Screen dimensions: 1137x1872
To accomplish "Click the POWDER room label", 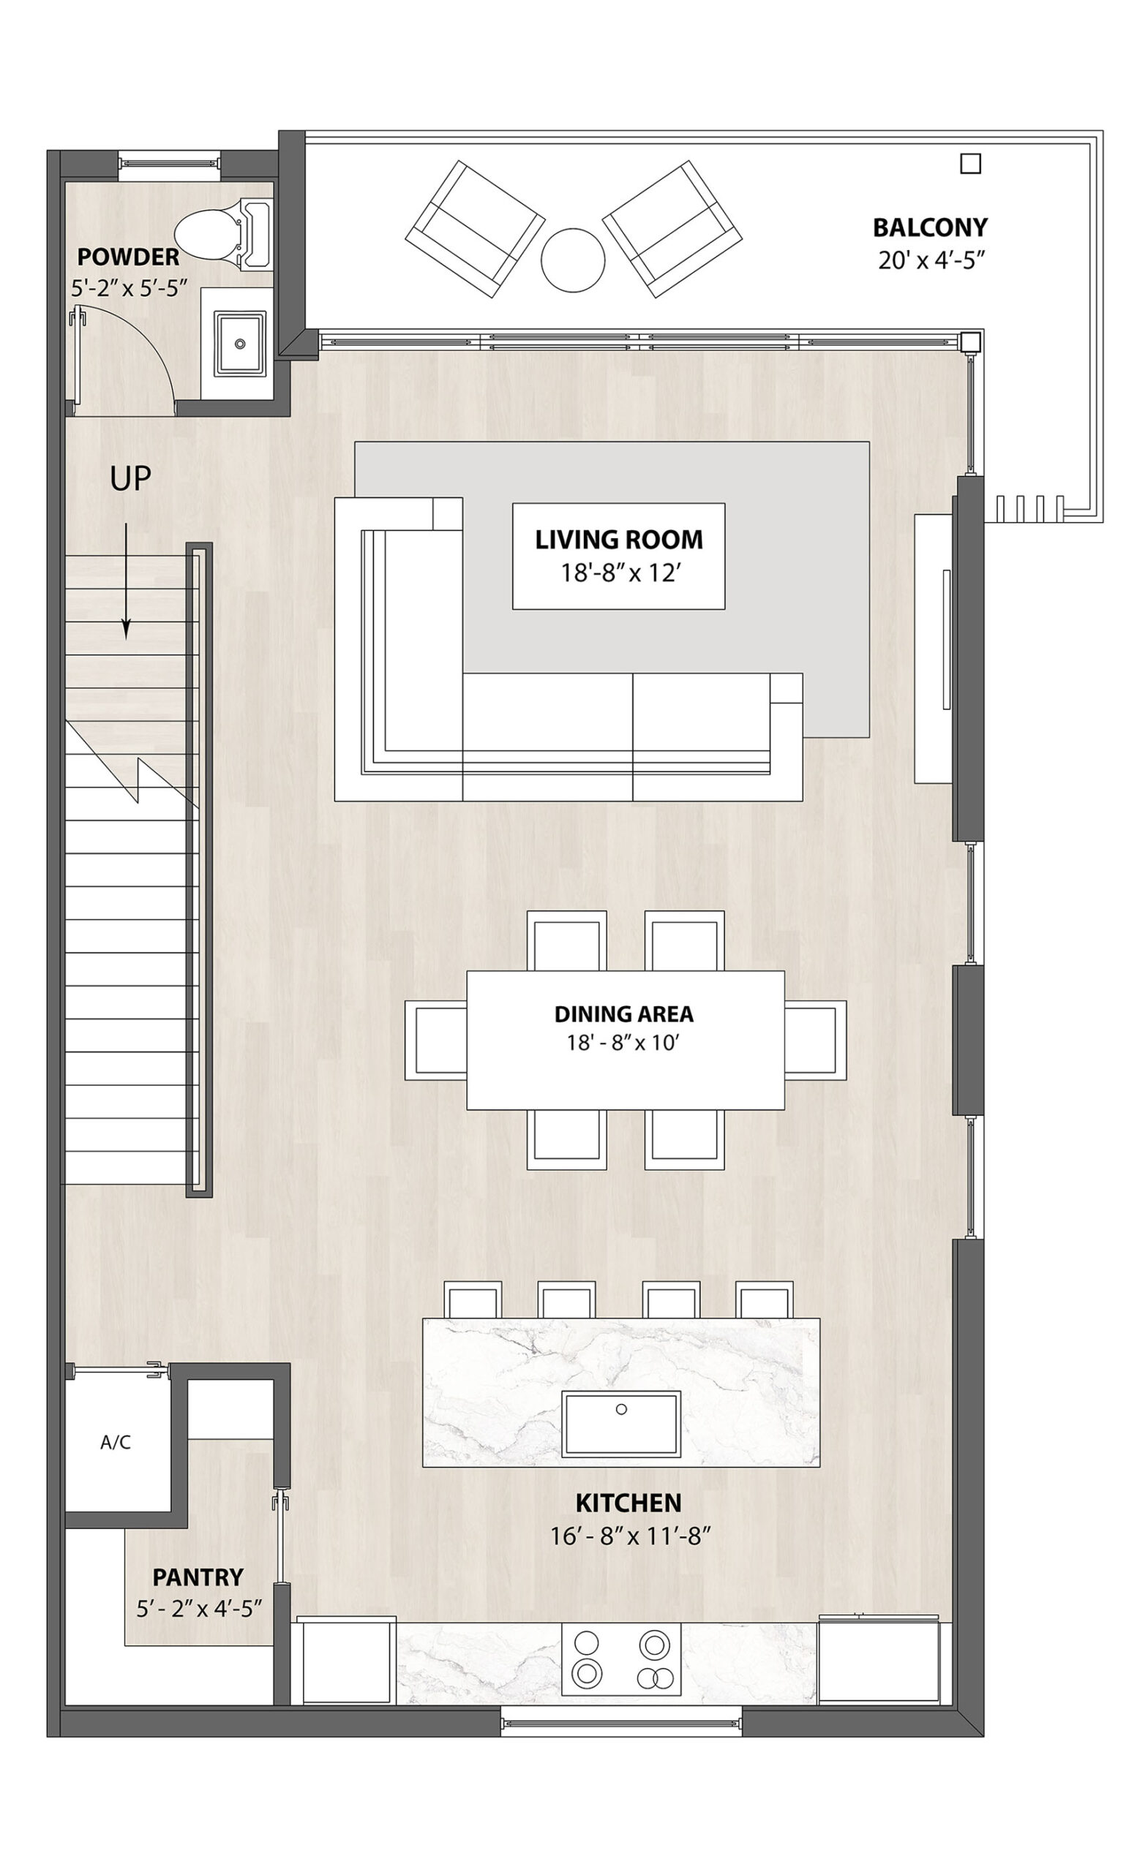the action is click(x=129, y=257).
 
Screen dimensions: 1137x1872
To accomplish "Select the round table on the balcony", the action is click(x=572, y=260).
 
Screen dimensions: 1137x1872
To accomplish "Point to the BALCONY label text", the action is click(x=929, y=227).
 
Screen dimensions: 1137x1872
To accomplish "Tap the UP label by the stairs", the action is click(x=130, y=478).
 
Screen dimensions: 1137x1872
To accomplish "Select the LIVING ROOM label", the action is click(x=619, y=540).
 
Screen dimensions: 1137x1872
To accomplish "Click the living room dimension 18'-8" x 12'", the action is click(x=619, y=573).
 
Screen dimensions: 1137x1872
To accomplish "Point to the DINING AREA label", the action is click(x=623, y=1014).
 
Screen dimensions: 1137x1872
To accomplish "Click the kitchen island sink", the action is click(x=621, y=1424).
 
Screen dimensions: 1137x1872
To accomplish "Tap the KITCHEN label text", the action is click(x=628, y=1502).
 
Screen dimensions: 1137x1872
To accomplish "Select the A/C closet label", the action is click(x=116, y=1443).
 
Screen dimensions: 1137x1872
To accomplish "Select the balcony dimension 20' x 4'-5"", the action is click(x=932, y=260).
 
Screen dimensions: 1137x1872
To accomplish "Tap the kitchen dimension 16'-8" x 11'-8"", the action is click(x=630, y=1536).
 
